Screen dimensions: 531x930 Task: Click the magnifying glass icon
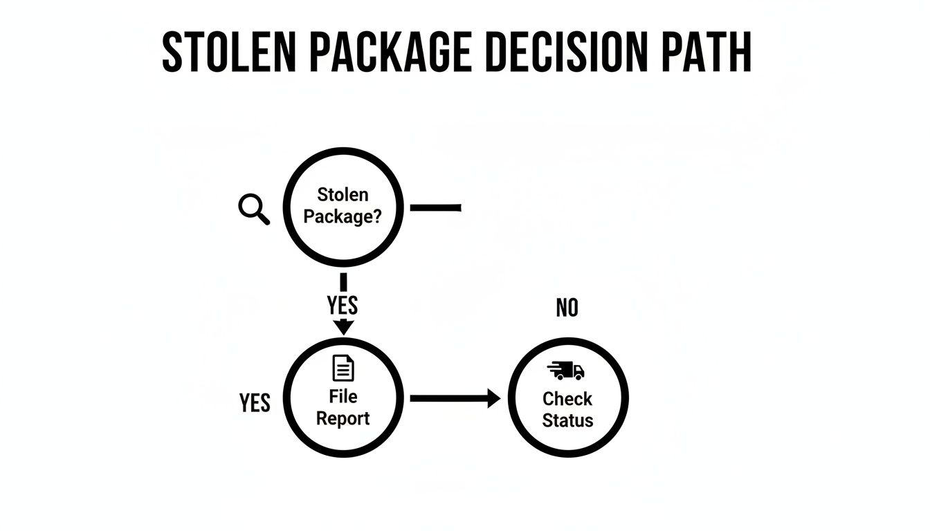254,208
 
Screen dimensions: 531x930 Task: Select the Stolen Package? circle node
343,206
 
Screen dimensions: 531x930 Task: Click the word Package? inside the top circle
343,217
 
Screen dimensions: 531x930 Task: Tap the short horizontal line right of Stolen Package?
436,207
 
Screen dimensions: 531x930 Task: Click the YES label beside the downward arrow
343,305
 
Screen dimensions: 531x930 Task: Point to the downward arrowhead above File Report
343,327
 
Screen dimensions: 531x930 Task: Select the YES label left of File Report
255,402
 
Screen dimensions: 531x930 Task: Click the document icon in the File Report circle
343,368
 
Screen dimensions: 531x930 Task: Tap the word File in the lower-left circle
343,396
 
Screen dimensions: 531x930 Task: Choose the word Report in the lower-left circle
343,418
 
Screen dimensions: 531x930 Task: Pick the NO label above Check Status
567,308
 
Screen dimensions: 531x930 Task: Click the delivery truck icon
567,371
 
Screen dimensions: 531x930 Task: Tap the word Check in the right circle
567,399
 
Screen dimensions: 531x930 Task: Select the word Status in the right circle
567,420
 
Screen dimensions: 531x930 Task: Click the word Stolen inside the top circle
343,195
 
